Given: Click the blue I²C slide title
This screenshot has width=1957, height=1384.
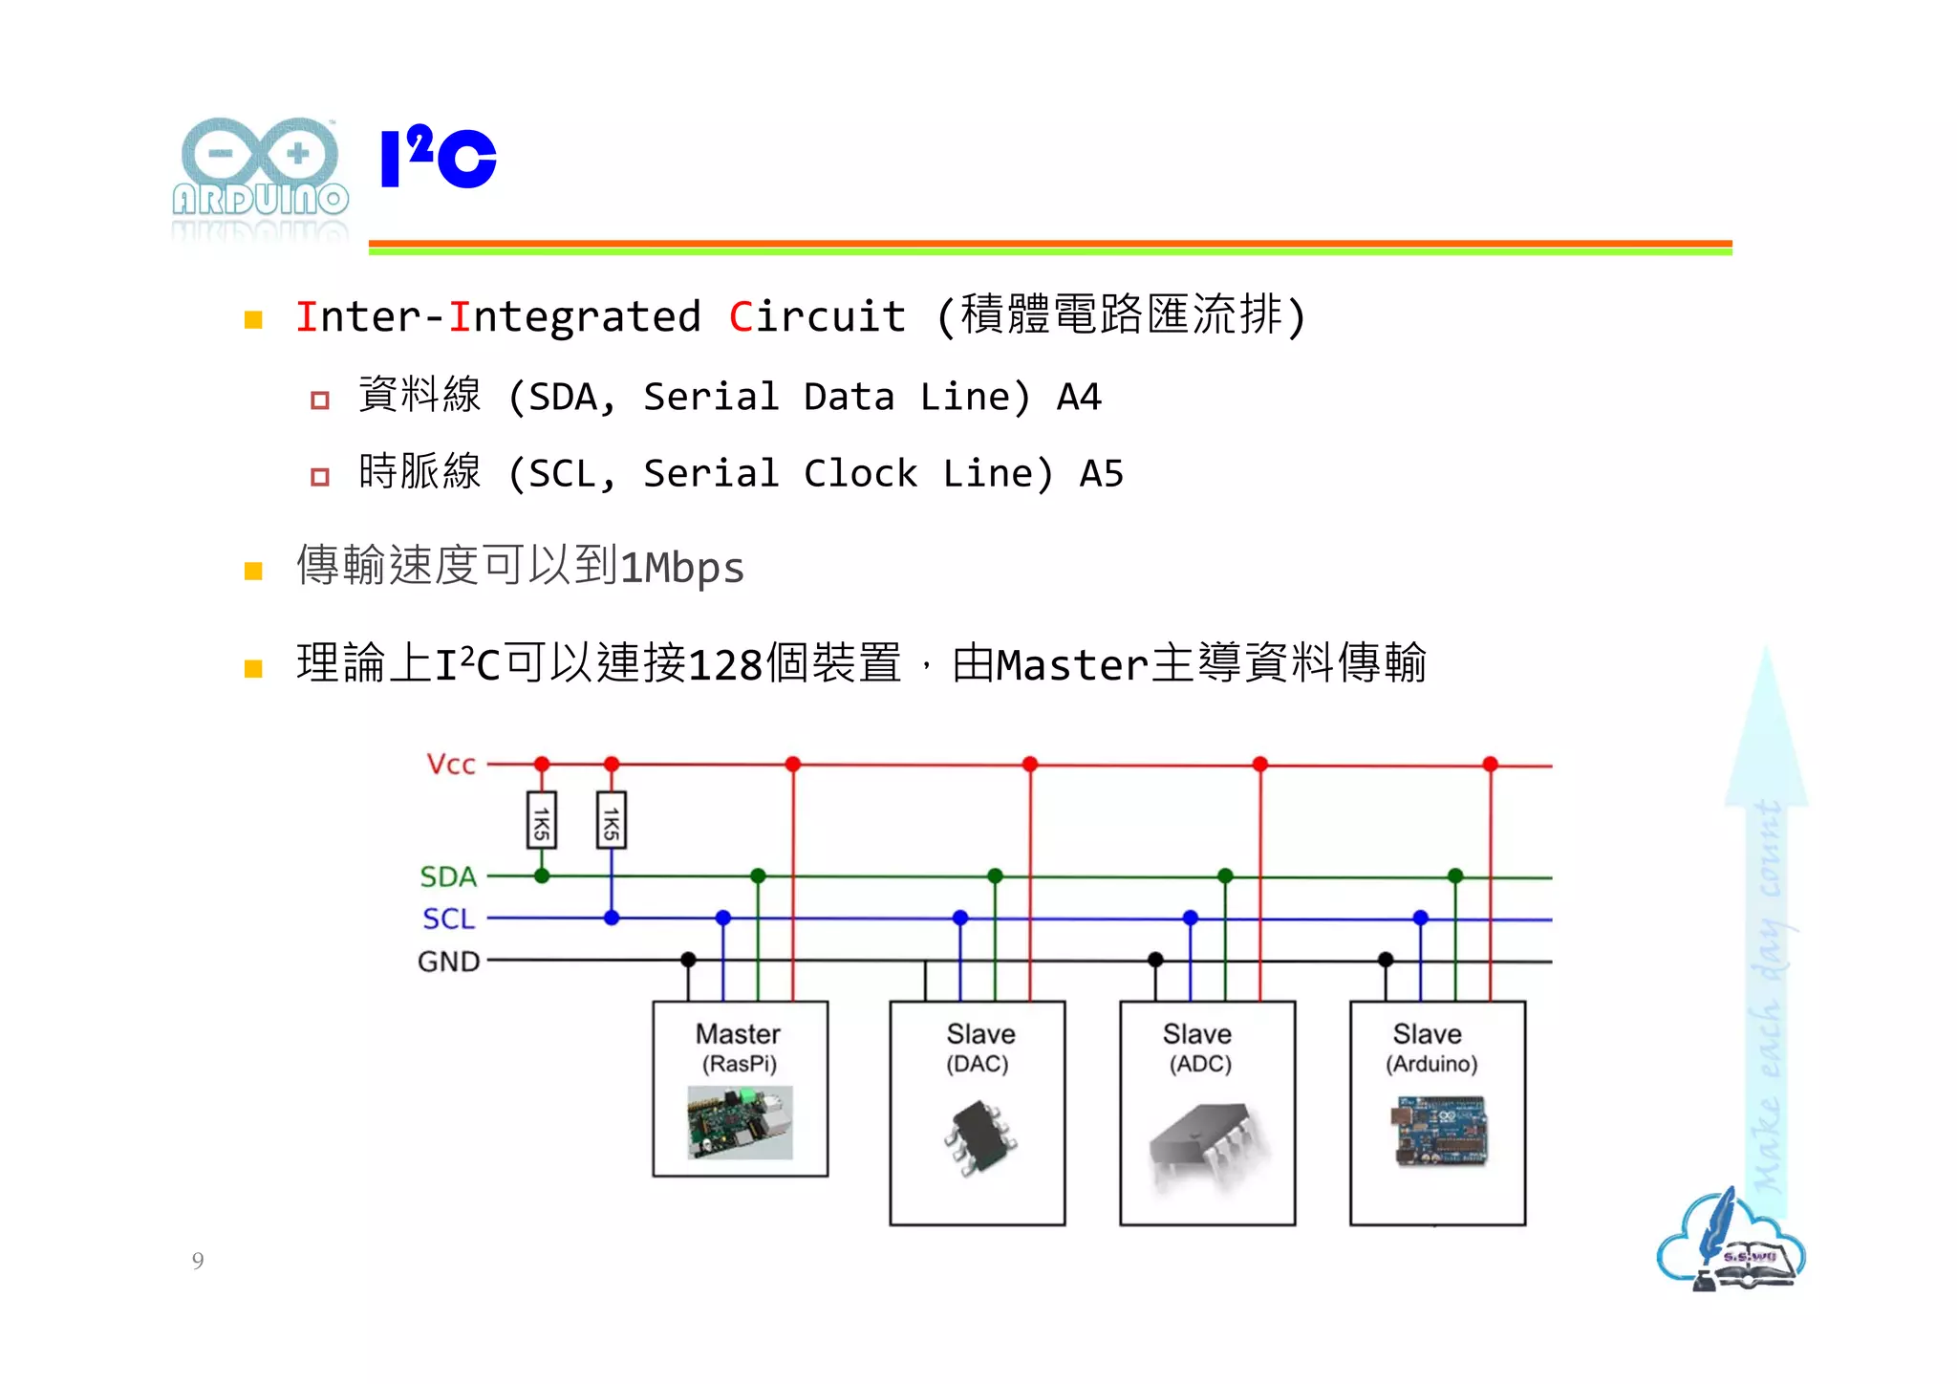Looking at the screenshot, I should coord(438,158).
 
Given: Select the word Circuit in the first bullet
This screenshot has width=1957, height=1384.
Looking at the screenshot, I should coord(817,317).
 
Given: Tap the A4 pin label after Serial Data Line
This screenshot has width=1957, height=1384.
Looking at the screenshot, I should coord(1079,397).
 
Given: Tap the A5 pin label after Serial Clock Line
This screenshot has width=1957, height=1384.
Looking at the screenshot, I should coord(1101,473).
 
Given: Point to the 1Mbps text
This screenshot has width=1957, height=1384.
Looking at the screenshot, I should coord(681,568).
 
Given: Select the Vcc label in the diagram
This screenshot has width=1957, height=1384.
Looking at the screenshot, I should coord(450,765).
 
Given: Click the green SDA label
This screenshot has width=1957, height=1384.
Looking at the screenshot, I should coord(447,876).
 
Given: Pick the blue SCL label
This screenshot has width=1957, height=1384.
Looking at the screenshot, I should coord(448,919).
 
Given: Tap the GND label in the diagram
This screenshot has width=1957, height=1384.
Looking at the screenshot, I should coord(448,962).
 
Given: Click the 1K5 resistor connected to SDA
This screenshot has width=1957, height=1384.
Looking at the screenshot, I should coord(542,820).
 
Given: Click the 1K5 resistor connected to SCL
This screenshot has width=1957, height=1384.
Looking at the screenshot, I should coord(612,820).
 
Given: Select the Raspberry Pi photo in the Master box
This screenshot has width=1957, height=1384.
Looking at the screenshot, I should coord(740,1122).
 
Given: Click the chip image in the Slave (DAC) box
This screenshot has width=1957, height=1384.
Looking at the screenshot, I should coord(979,1137).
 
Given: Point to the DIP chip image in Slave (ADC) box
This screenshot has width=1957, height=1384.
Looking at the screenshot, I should coord(1206,1142).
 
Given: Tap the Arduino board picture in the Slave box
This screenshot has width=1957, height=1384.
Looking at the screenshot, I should coord(1439,1132).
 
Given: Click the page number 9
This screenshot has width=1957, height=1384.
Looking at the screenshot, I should coord(198,1261).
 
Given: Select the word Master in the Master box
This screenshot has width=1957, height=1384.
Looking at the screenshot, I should coord(738,1034).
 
